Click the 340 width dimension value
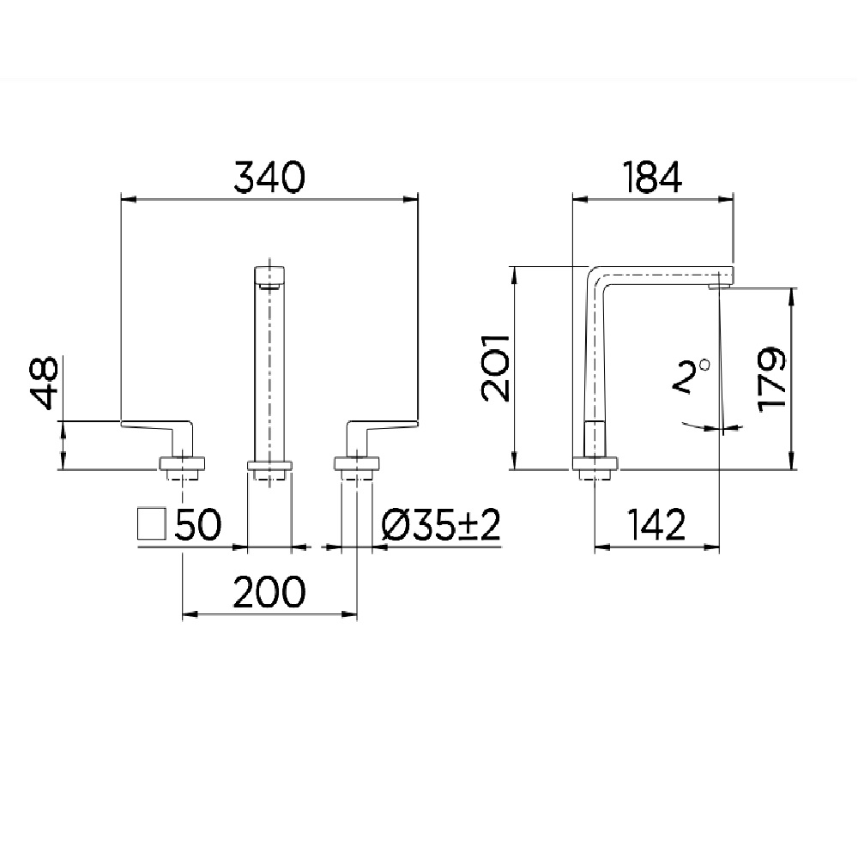coord(269,178)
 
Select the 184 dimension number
coord(652,178)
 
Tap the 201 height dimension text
coord(496,368)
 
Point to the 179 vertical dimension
coord(773,378)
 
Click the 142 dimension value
coord(656,525)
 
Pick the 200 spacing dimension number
coord(269,591)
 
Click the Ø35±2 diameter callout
coord(440,525)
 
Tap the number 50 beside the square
coord(198,525)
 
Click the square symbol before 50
coord(152,523)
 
